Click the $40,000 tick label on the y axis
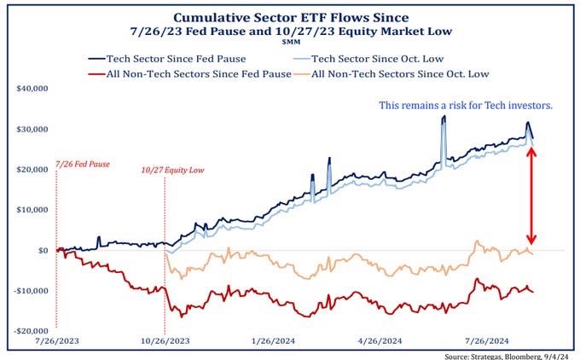tap(32, 88)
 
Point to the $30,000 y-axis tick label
tap(32, 129)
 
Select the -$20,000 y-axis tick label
tap(31, 331)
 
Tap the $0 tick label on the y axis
tap(42, 250)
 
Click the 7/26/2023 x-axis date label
tap(57, 340)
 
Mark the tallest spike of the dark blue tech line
tap(444, 116)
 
